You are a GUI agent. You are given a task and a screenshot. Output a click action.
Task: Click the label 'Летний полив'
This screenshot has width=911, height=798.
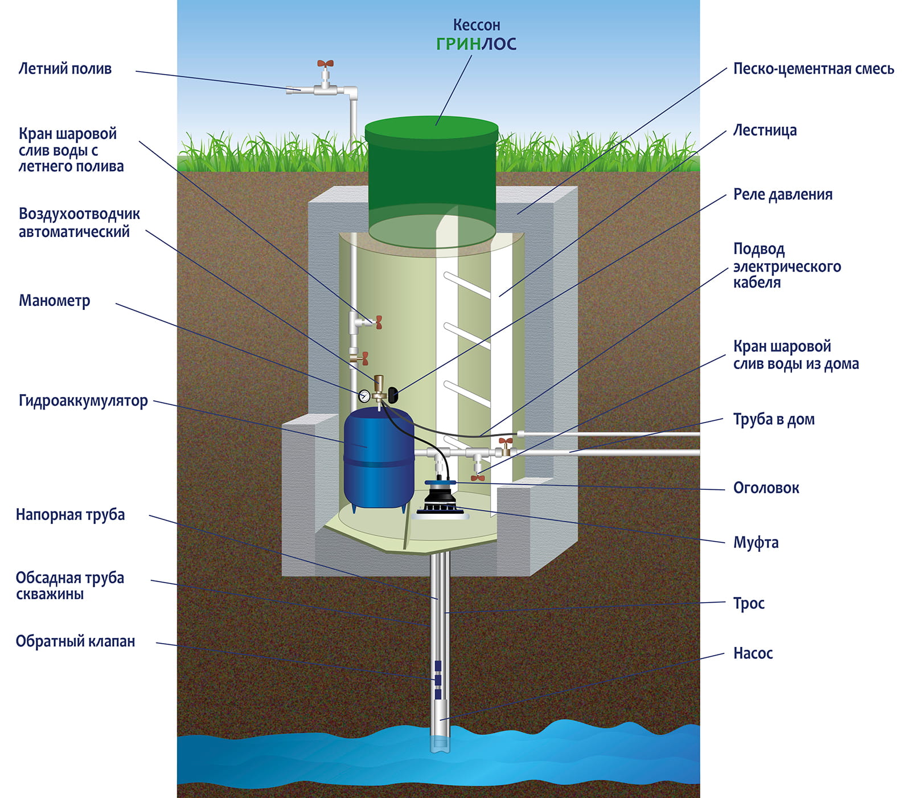pos(65,69)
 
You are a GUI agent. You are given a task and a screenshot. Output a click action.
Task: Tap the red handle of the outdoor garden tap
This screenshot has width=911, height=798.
pos(325,63)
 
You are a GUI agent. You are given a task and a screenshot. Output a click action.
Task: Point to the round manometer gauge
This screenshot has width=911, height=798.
pos(364,395)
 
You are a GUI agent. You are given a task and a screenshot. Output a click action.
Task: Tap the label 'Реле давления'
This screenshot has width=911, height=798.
pos(782,195)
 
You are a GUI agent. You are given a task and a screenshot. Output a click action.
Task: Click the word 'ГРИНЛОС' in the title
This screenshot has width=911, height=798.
pos(476,44)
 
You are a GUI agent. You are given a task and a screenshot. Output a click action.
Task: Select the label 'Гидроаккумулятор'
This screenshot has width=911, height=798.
pos(83,401)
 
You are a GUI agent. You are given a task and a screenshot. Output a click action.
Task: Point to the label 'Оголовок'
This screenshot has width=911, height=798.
pos(766,488)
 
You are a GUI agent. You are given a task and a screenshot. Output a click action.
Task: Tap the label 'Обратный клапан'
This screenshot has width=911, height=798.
pos(75,641)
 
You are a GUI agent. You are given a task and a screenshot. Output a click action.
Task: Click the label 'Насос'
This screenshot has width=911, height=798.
pos(753,653)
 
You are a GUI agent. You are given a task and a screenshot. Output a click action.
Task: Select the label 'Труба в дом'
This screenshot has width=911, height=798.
pos(773,420)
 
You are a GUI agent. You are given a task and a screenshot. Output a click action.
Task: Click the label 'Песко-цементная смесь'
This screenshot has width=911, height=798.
pos(813,69)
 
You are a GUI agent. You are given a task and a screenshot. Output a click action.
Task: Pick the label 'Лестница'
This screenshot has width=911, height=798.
pos(764,130)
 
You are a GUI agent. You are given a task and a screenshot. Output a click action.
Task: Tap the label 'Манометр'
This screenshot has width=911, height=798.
pos(54,301)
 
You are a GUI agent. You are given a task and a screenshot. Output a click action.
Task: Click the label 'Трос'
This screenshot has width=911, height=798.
pos(748,604)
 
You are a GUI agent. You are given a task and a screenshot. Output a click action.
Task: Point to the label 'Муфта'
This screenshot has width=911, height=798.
pos(755,543)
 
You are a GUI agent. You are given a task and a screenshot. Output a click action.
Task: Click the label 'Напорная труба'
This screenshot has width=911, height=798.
pos(70,515)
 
